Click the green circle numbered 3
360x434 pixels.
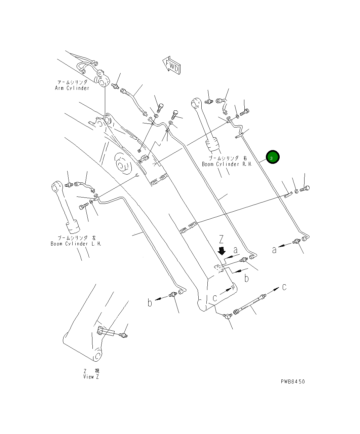(272, 157)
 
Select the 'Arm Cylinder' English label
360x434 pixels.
(72, 88)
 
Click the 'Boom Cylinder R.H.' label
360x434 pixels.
(227, 164)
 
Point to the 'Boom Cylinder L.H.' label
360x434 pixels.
(76, 244)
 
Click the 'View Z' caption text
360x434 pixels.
(91, 377)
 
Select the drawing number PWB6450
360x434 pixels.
(293, 382)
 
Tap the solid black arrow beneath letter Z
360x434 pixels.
(221, 251)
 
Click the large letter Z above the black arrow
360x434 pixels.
(221, 240)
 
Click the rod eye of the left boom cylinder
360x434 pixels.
(56, 186)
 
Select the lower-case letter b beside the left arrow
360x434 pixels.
(150, 302)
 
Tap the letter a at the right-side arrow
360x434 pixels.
(275, 250)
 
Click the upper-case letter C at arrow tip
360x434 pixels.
(284, 287)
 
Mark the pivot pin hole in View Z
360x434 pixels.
(98, 356)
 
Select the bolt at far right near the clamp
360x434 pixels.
(305, 189)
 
